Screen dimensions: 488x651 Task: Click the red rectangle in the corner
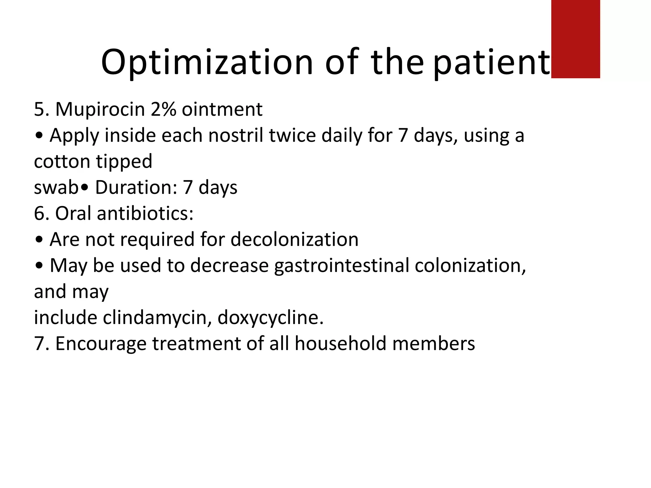(575, 39)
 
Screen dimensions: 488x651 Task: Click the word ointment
(222, 109)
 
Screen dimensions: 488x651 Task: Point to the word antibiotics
(145, 213)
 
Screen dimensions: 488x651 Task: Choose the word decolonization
(294, 240)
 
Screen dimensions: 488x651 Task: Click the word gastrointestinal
(342, 266)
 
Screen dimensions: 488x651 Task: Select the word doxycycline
(270, 318)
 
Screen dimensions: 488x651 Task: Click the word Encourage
(100, 344)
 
